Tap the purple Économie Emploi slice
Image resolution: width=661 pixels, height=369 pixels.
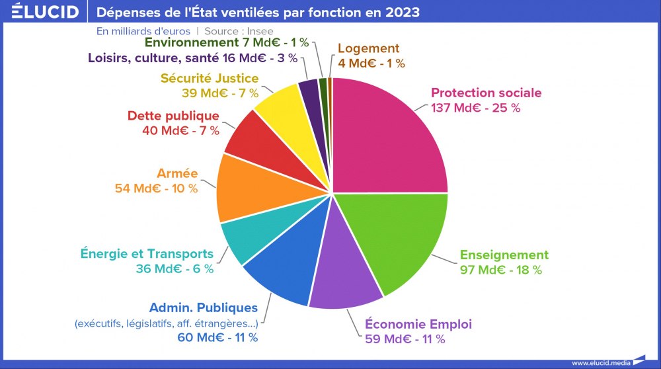coord(344,278)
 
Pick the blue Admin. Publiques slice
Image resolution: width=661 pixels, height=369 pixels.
coord(281,268)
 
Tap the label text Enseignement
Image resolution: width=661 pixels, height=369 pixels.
coord(504,255)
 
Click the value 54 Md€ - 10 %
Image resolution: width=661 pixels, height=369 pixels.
coord(156,188)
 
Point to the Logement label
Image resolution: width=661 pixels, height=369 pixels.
coord(368,48)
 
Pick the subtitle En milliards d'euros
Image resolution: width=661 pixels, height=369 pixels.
coord(143,31)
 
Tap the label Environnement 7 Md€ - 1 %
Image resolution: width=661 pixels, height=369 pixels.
coord(226,42)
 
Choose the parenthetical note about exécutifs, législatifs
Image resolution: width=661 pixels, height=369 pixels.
coord(166,323)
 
